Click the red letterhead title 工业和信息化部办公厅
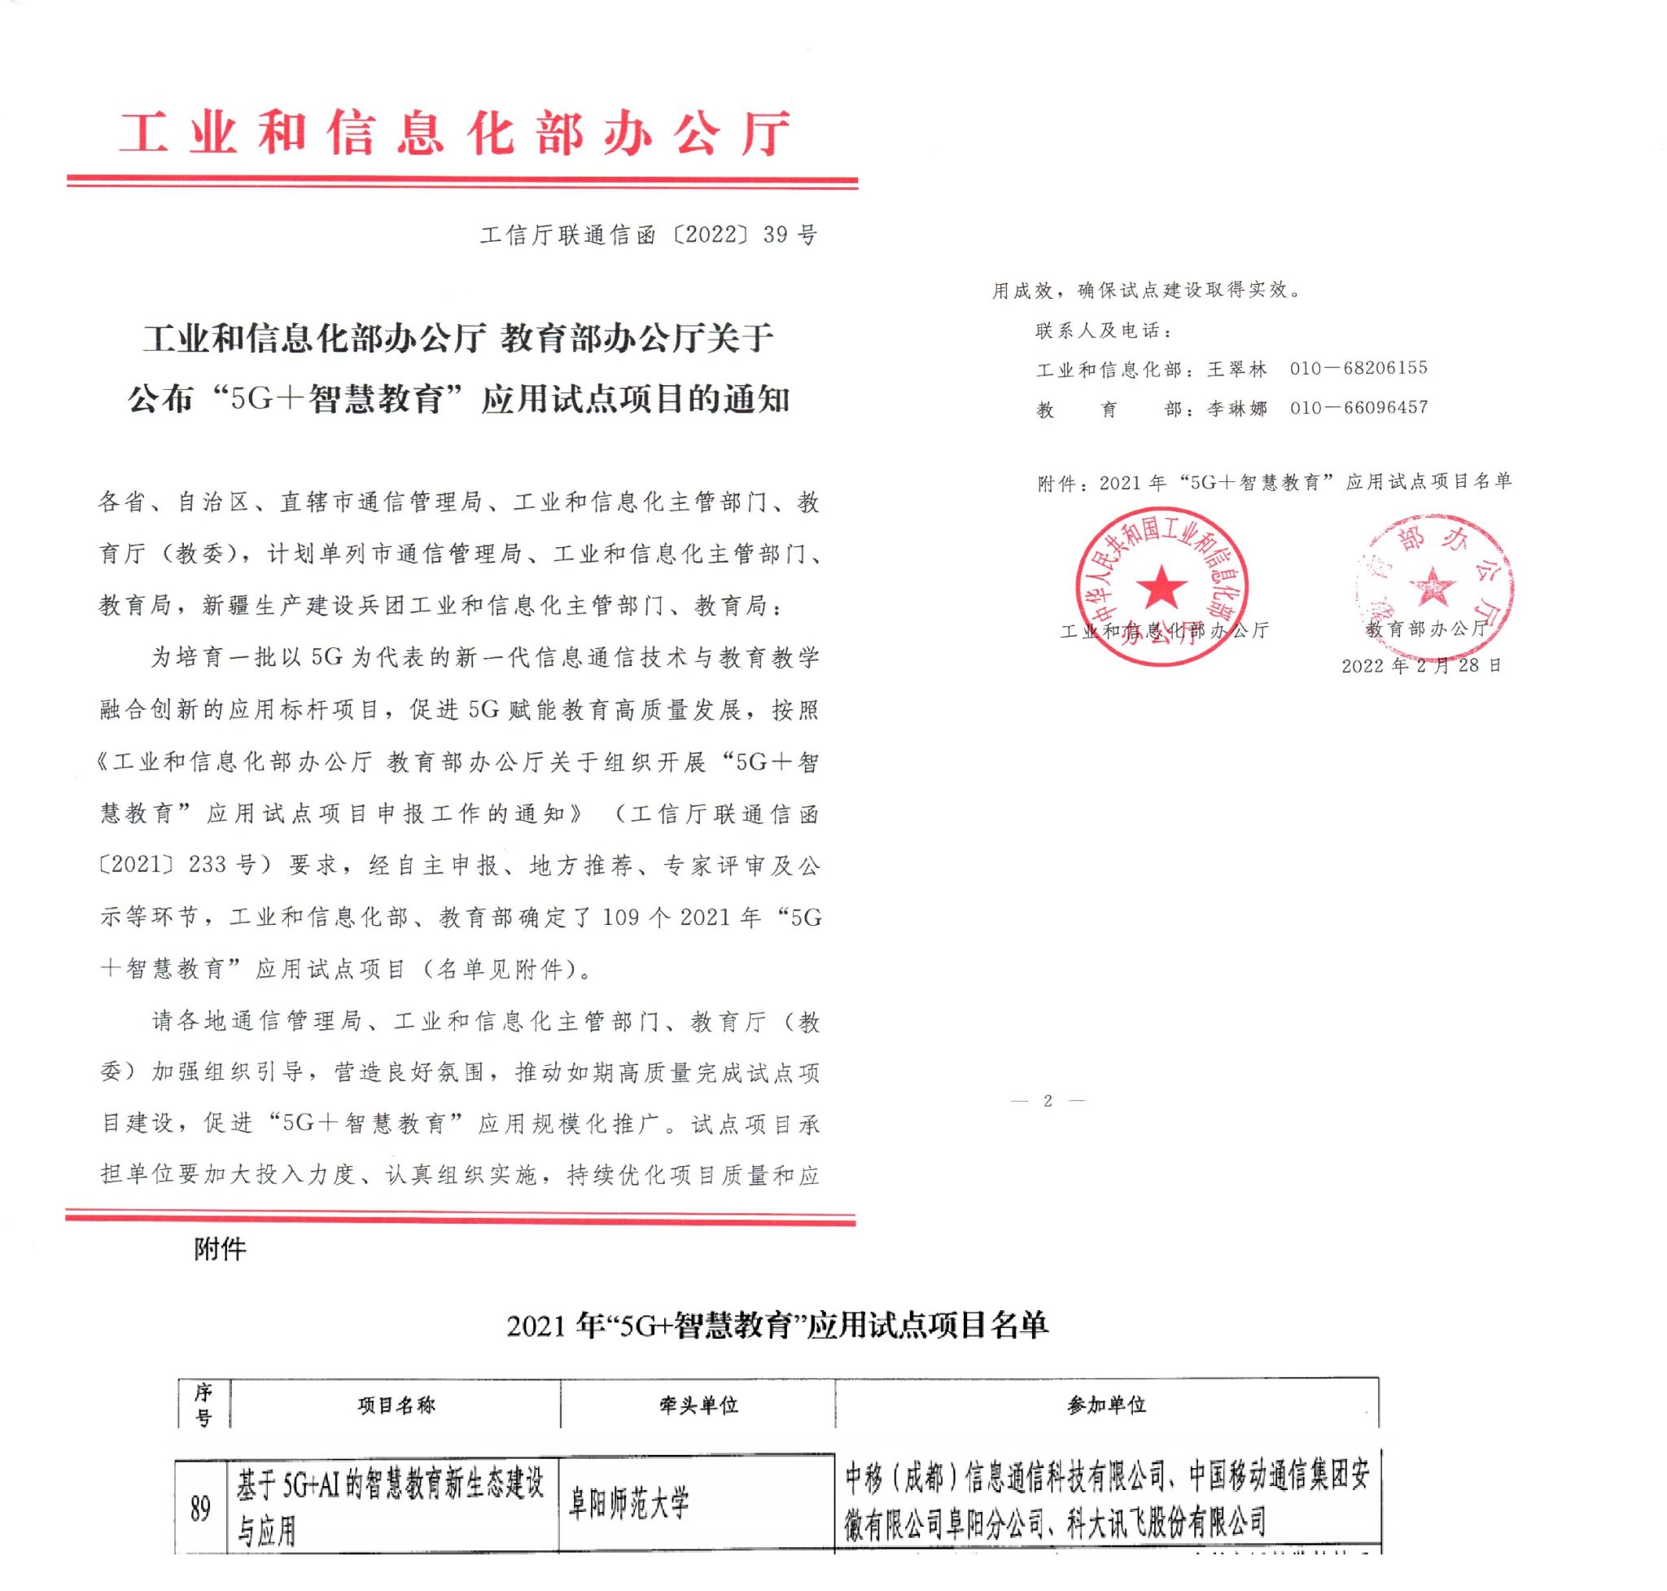click(455, 135)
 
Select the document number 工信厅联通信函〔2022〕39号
click(649, 235)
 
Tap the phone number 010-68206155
click(1359, 368)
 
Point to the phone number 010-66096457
click(1359, 408)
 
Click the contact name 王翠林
click(1237, 369)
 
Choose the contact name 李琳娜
click(1237, 409)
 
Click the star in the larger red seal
click(1162, 588)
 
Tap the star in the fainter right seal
click(1432, 586)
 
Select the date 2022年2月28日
click(1421, 666)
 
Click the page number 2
click(1048, 1101)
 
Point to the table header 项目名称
click(396, 1405)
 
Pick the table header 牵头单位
click(698, 1405)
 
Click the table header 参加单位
click(1106, 1405)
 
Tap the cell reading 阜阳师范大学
click(628, 1505)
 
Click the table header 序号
click(203, 1405)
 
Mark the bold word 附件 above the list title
click(220, 1249)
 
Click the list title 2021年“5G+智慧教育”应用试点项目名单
click(777, 1326)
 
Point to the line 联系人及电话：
click(1103, 331)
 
